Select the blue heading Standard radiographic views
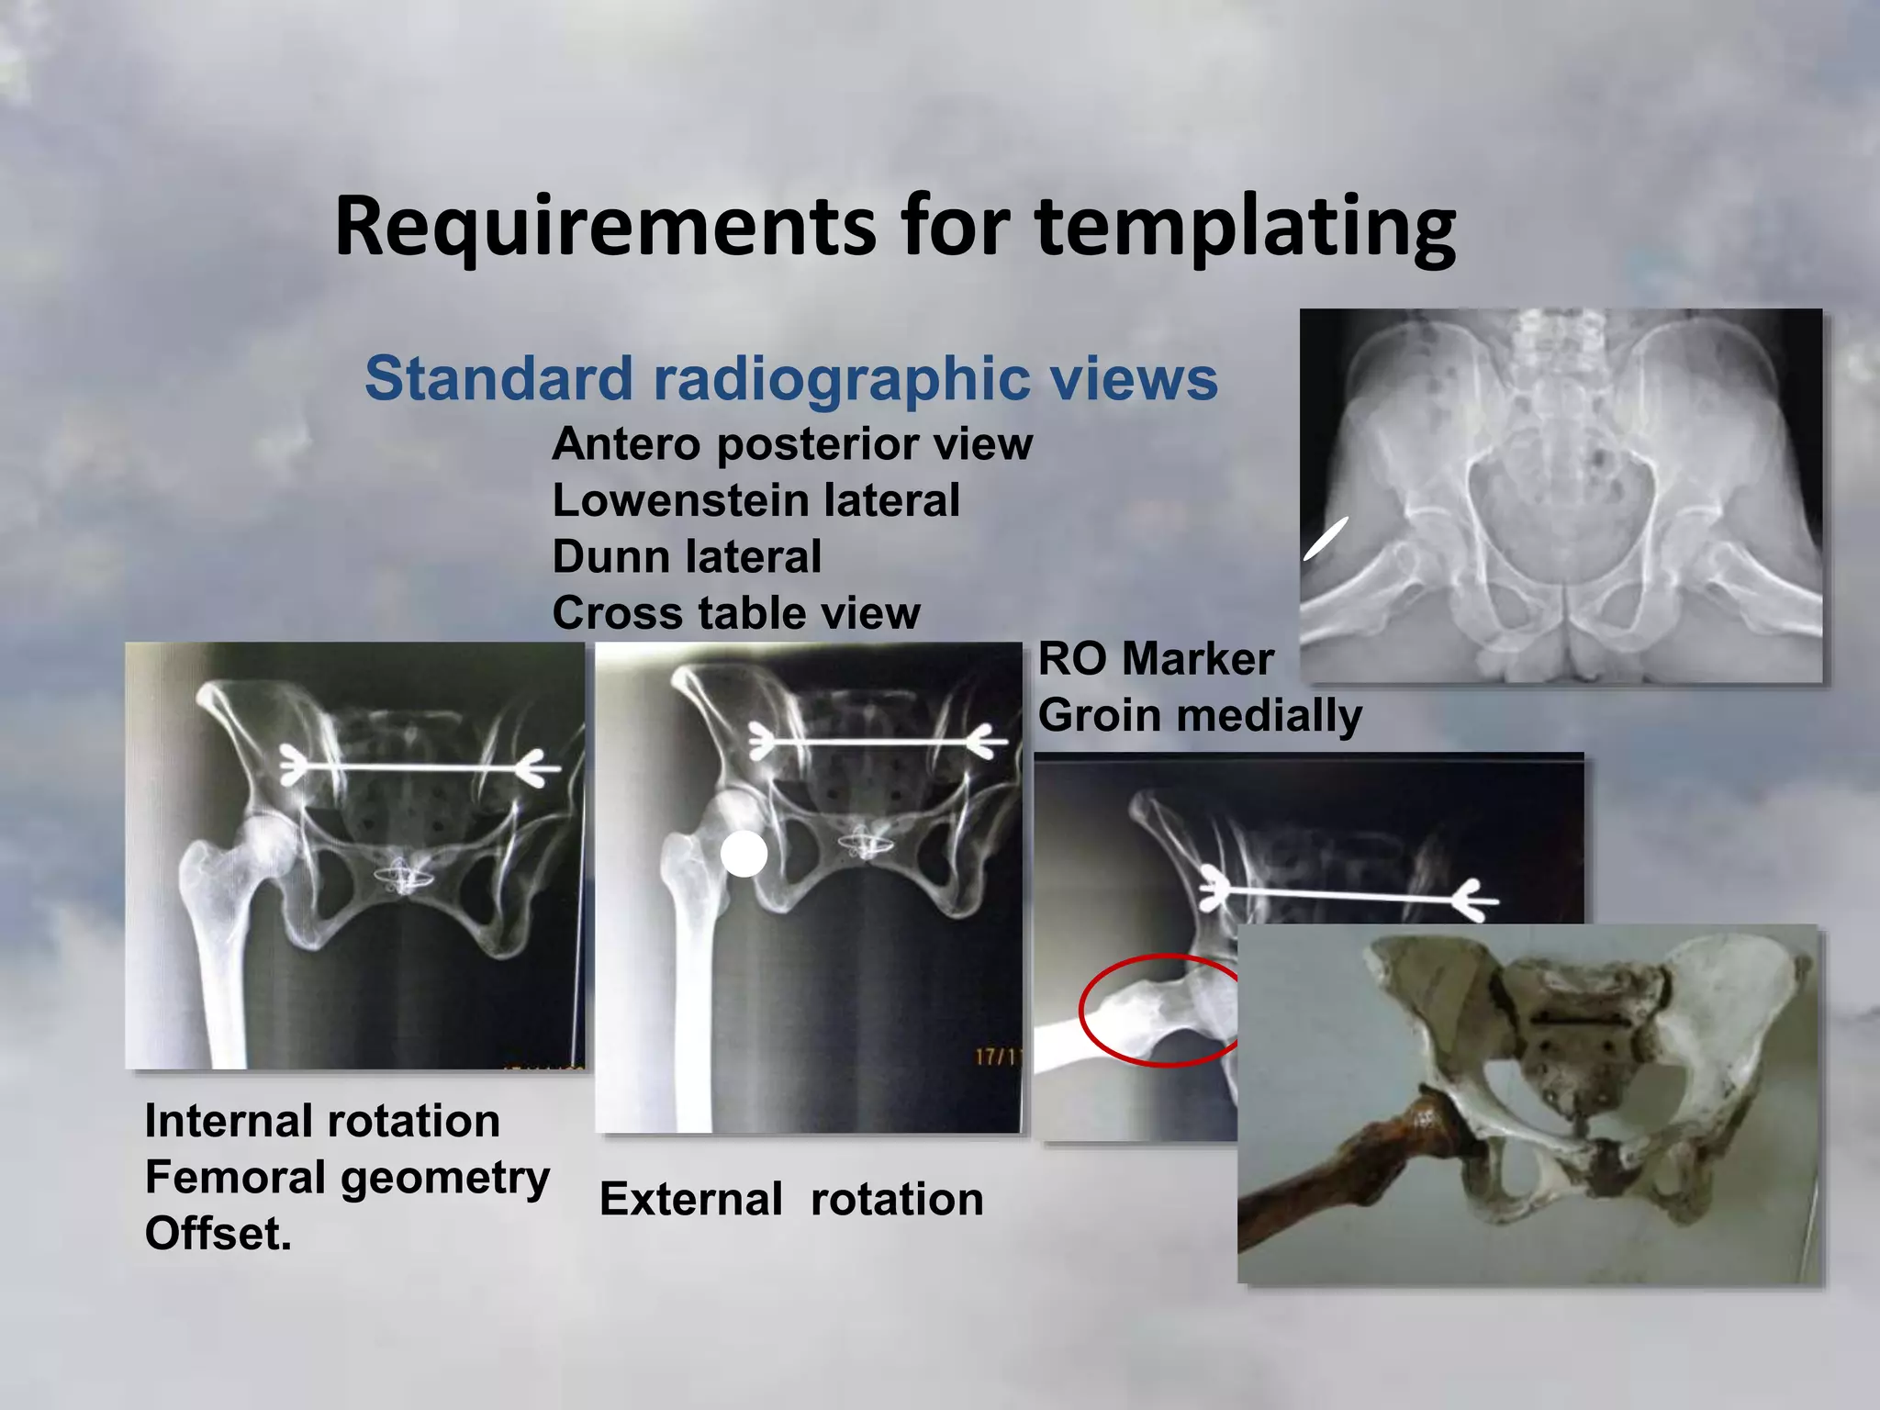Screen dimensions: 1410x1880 tap(790, 378)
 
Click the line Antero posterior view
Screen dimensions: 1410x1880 tap(791, 444)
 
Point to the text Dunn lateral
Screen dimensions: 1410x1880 tap(687, 557)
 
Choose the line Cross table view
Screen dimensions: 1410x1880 tap(735, 613)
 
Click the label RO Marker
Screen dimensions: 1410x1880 tap(1156, 659)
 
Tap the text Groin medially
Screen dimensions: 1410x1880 tap(1200, 716)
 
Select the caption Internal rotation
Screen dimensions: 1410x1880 tap(322, 1122)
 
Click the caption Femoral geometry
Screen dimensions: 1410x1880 tap(347, 1178)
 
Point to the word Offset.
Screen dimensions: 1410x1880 tap(218, 1234)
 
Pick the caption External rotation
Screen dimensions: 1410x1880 tap(791, 1200)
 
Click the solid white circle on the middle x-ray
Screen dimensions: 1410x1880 tap(744, 855)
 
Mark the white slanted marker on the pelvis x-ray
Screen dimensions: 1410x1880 tap(1326, 538)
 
